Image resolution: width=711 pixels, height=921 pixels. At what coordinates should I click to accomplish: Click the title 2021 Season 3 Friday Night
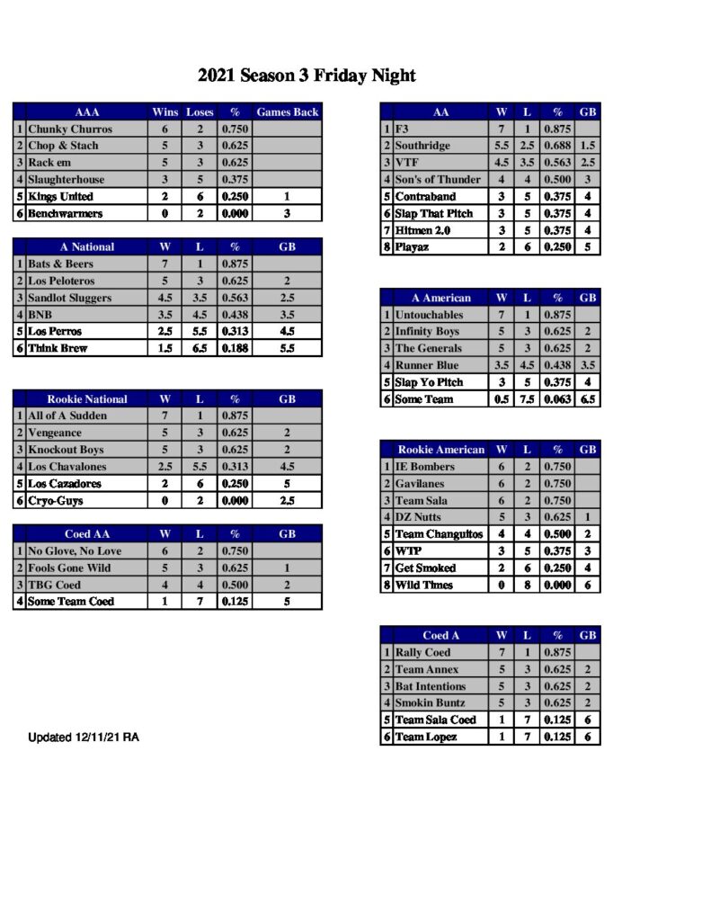coord(307,76)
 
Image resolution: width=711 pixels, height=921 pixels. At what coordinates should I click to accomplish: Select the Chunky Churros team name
coord(69,129)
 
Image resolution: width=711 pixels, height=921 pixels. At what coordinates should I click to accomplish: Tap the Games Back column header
coord(287,112)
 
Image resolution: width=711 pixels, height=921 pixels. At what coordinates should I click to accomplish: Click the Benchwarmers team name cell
coord(65,214)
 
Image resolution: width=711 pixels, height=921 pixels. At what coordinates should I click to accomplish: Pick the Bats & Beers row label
coord(60,264)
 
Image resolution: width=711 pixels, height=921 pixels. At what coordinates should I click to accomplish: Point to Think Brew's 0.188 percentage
coord(235,348)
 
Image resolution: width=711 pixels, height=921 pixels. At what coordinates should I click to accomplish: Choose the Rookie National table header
coord(86,399)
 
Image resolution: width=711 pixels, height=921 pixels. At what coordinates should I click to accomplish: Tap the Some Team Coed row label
coord(71,602)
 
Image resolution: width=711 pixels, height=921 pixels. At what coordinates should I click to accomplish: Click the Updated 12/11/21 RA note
coord(84,738)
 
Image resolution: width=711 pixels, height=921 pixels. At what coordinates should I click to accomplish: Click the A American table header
coord(440,298)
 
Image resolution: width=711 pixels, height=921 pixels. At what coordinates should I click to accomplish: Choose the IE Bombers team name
coord(424,467)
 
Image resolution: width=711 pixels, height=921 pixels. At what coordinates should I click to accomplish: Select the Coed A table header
coord(440,635)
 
